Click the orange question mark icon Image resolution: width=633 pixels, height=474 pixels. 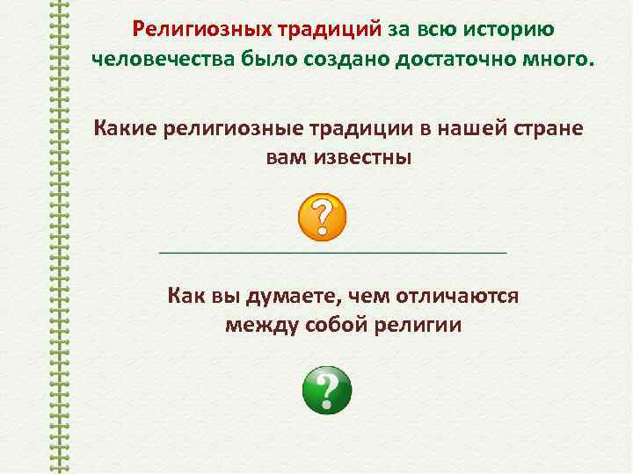point(322,217)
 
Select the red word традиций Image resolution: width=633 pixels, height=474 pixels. point(331,31)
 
